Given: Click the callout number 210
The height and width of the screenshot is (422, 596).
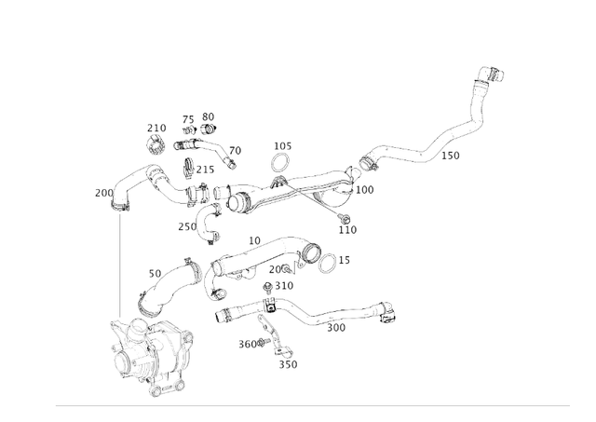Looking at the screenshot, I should pos(156,129).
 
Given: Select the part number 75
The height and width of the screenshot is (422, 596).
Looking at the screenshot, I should pos(188,120).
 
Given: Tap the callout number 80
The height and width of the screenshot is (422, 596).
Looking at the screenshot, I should pos(208,116).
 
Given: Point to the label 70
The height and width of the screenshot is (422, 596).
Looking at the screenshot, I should pos(235,150).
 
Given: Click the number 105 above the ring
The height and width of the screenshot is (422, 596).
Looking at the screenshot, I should pos(282,146).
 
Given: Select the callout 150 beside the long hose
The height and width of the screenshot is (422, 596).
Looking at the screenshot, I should pos(450,156).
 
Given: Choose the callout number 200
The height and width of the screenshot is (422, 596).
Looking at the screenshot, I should pos(103,193).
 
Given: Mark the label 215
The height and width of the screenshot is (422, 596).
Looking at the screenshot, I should pos(205,170).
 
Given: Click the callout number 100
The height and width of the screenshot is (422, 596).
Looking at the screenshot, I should pos(364,190).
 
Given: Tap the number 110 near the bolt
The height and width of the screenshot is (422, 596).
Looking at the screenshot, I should pos(347,229).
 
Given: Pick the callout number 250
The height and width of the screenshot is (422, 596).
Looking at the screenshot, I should pos(187,226).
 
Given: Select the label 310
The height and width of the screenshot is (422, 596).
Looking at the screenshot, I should pos(284,286).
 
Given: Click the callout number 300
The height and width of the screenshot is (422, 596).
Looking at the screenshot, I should pos(335,327).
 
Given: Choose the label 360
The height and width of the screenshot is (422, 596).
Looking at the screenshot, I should pos(247,344).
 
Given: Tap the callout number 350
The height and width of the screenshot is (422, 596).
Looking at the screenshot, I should pos(289,364).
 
